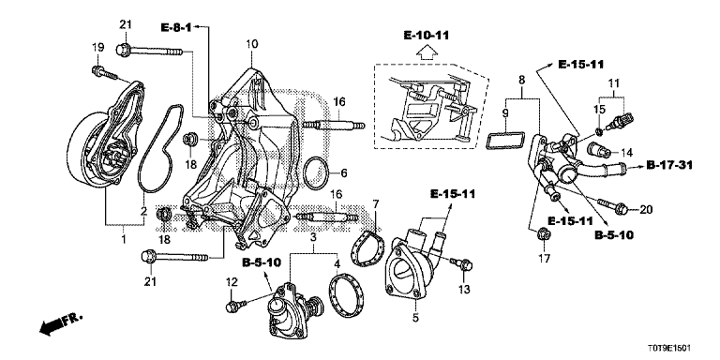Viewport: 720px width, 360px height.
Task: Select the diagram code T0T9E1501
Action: (x=670, y=349)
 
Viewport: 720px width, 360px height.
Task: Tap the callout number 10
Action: (x=251, y=44)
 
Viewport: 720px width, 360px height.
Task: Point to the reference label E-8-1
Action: (x=175, y=27)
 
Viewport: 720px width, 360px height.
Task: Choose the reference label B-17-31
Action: (x=669, y=164)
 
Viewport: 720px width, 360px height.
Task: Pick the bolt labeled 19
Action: (x=104, y=73)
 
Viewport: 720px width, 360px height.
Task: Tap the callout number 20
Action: (x=646, y=209)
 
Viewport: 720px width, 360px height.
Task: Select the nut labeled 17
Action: (x=544, y=232)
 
